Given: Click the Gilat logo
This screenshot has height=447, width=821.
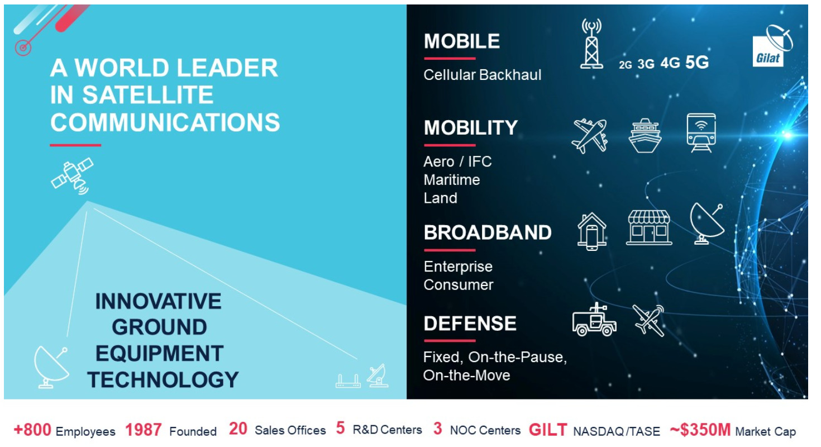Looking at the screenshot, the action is (x=772, y=46).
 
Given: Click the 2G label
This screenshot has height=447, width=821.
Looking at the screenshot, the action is (x=626, y=65).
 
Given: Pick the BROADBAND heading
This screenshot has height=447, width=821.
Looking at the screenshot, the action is (x=488, y=232).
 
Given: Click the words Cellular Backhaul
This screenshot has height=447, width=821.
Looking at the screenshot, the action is (x=483, y=75).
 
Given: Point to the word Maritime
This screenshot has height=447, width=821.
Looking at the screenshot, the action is (x=451, y=180).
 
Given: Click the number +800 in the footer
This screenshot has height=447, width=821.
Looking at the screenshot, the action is (x=32, y=430).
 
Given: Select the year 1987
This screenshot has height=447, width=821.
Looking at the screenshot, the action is (x=144, y=430).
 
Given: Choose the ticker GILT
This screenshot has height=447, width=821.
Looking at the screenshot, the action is (x=548, y=430).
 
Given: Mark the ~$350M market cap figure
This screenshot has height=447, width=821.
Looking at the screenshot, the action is (x=700, y=430).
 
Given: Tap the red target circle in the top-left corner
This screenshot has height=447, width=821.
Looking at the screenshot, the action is (x=23, y=47).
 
